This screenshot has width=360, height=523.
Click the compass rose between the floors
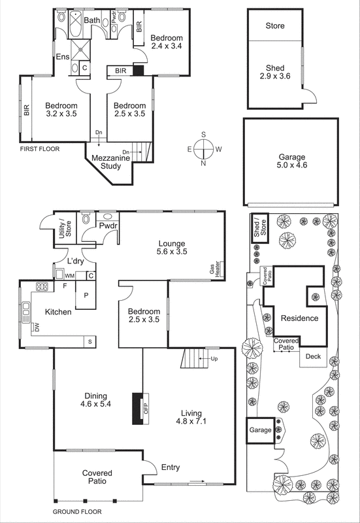[204, 149]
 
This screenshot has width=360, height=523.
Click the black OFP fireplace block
[137, 408]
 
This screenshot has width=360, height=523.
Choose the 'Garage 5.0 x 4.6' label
[289, 161]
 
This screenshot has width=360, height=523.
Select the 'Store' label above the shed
[274, 26]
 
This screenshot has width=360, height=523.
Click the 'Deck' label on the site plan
[313, 357]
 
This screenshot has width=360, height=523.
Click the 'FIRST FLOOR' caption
[39, 149]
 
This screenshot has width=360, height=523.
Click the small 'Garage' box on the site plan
[259, 431]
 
